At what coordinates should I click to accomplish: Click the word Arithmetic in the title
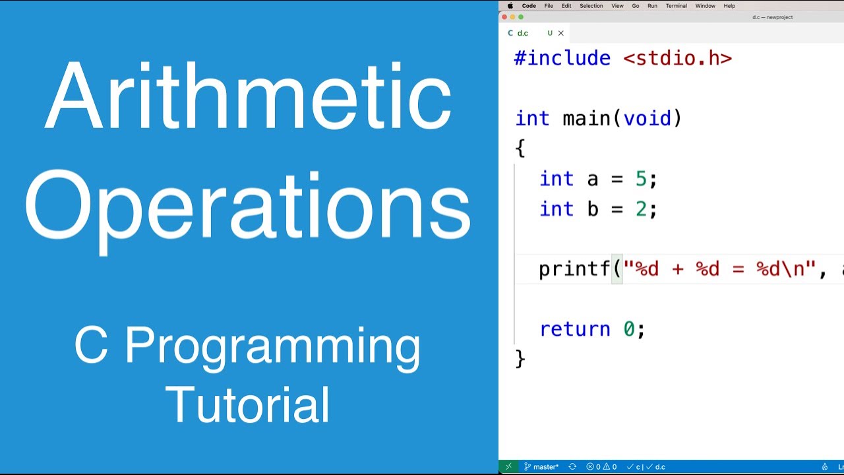248,98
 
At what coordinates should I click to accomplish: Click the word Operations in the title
248,206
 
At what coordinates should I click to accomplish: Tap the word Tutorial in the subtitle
248,404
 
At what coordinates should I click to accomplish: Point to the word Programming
272,347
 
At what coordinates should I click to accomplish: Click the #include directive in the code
562,58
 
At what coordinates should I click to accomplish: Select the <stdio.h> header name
677,58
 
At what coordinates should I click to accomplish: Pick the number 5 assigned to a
641,179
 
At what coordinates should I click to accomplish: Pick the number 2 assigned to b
641,209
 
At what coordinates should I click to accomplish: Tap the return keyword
575,329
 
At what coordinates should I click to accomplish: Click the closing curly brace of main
520,358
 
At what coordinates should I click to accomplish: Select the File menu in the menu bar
549,6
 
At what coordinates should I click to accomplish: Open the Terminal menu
676,6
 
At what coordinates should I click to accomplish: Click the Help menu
729,6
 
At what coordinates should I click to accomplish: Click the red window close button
505,17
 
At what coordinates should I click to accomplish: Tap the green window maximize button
521,17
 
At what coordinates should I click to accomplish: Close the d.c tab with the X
561,33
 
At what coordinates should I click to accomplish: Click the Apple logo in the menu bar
510,6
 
